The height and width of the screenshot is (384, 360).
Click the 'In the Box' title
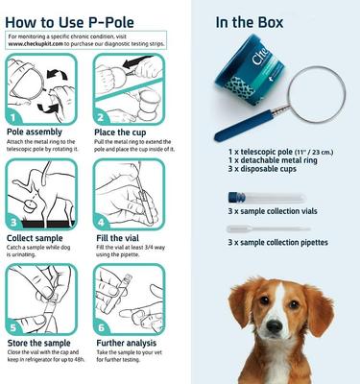coord(252,22)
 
